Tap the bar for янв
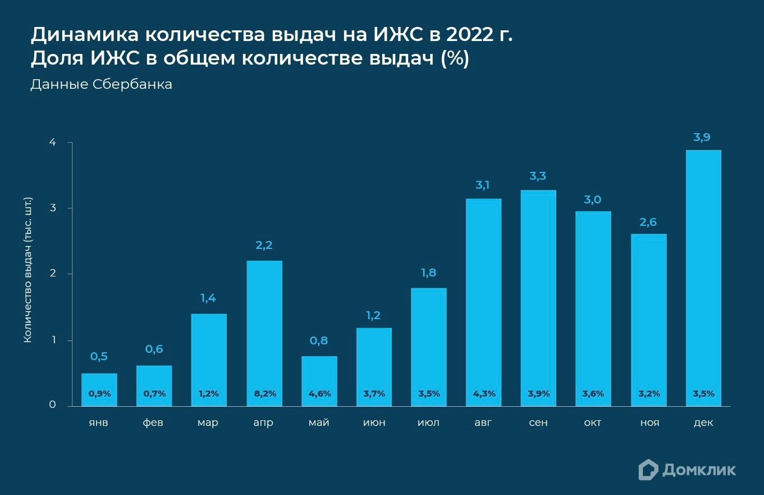point(99,382)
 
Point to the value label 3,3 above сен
point(538,176)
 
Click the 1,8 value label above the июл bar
point(428,274)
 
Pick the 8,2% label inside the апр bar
point(264,394)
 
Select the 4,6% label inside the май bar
point(319,394)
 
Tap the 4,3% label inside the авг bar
point(484,394)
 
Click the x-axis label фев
point(153,423)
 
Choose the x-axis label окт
point(592,423)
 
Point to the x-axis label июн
point(374,423)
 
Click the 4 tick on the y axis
point(52,143)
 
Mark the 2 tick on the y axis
point(52,274)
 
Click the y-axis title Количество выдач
point(28,270)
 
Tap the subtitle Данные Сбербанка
point(101,85)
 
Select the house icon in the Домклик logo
point(648,470)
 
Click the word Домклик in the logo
point(699,470)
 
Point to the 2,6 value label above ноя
point(648,222)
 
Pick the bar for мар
point(209,360)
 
